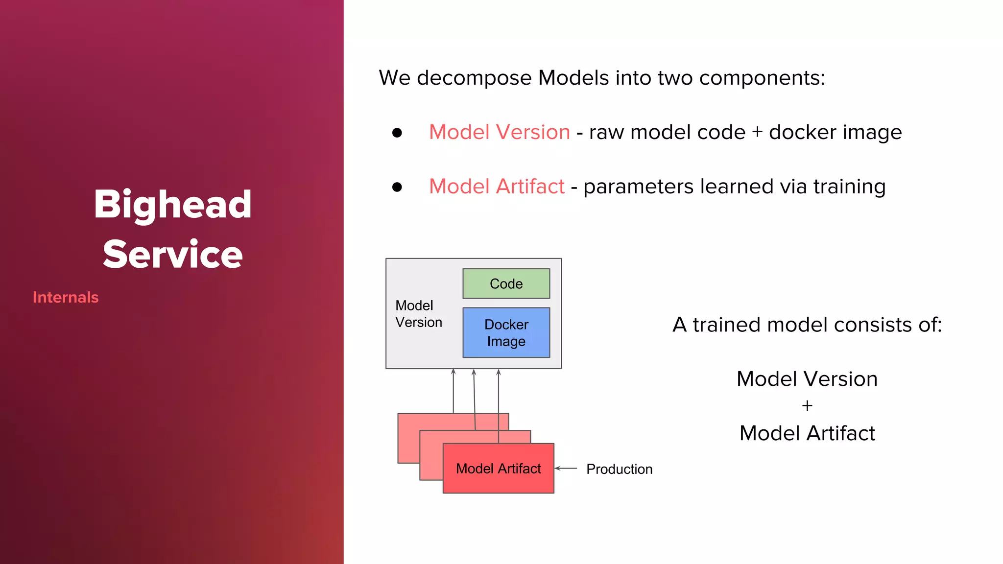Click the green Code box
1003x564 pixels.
[x=506, y=283]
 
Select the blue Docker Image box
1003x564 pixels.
[x=506, y=332]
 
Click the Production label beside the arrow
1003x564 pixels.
[x=619, y=469]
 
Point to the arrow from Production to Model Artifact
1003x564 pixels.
[x=566, y=469]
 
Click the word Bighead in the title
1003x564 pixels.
[x=172, y=204]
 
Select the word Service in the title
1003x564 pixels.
[x=172, y=254]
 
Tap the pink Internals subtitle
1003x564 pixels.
[x=66, y=297]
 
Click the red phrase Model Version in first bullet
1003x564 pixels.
[x=499, y=132]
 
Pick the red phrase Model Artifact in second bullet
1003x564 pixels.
[x=497, y=187]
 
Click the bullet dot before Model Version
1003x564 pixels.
[x=397, y=133]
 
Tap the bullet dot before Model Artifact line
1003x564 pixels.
[x=397, y=187]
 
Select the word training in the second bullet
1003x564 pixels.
[x=849, y=187]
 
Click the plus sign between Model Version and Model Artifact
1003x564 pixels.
[x=807, y=406]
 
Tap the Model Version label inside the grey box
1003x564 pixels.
[x=418, y=314]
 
